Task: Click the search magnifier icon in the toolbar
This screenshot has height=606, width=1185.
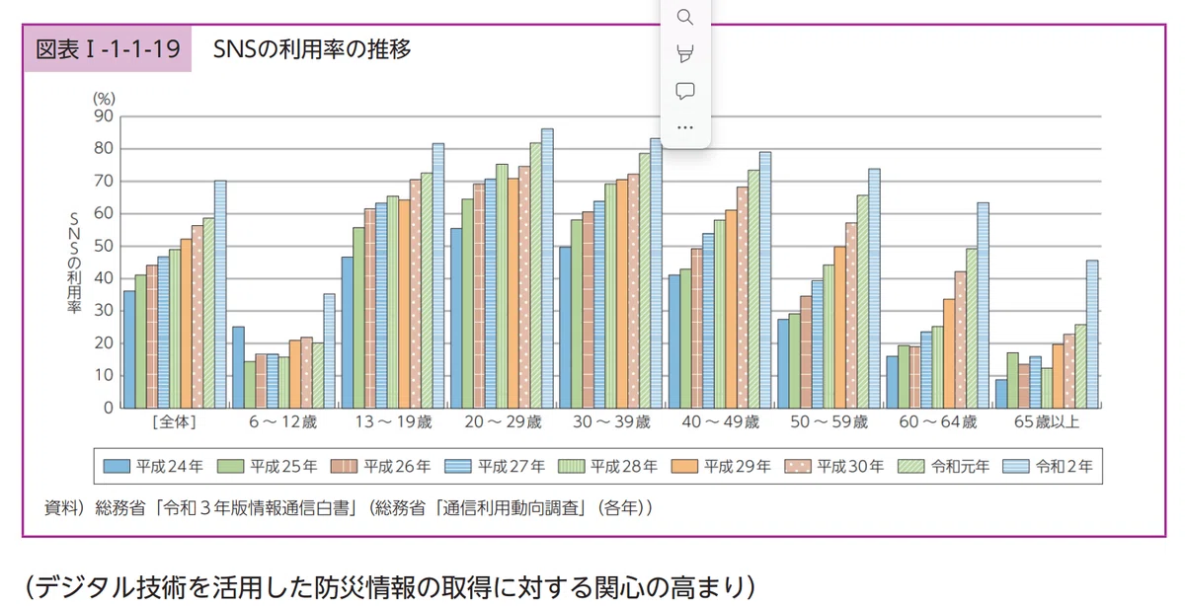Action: pos(685,18)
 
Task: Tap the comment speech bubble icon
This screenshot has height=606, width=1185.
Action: pos(685,91)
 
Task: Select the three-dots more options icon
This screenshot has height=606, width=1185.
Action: pos(685,127)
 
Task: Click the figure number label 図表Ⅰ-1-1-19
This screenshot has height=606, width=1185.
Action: pos(108,49)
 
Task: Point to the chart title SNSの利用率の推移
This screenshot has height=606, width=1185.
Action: pos(312,49)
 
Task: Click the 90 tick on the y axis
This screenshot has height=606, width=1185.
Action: pos(104,115)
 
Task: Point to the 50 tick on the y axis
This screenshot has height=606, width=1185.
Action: pos(104,246)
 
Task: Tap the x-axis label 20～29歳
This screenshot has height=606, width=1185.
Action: pos(503,422)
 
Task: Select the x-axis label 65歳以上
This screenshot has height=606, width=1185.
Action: pos(1047,422)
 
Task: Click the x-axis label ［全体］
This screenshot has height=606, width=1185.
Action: pos(175,422)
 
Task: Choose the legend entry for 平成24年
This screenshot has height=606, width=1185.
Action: pos(153,467)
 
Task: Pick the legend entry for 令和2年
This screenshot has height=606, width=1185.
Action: pos(1048,467)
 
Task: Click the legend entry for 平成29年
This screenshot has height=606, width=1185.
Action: pos(721,467)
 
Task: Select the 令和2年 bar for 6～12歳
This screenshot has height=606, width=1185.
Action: pos(329,351)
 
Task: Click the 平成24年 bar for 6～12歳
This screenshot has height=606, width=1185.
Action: pos(238,367)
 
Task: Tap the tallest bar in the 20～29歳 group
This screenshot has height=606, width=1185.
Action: pos(547,268)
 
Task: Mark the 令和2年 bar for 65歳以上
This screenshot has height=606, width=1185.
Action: pos(1092,335)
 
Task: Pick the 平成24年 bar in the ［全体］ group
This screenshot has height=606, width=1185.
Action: pos(129,349)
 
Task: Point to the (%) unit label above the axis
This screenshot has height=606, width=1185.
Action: pos(104,99)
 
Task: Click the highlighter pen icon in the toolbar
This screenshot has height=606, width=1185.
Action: pos(685,54)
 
